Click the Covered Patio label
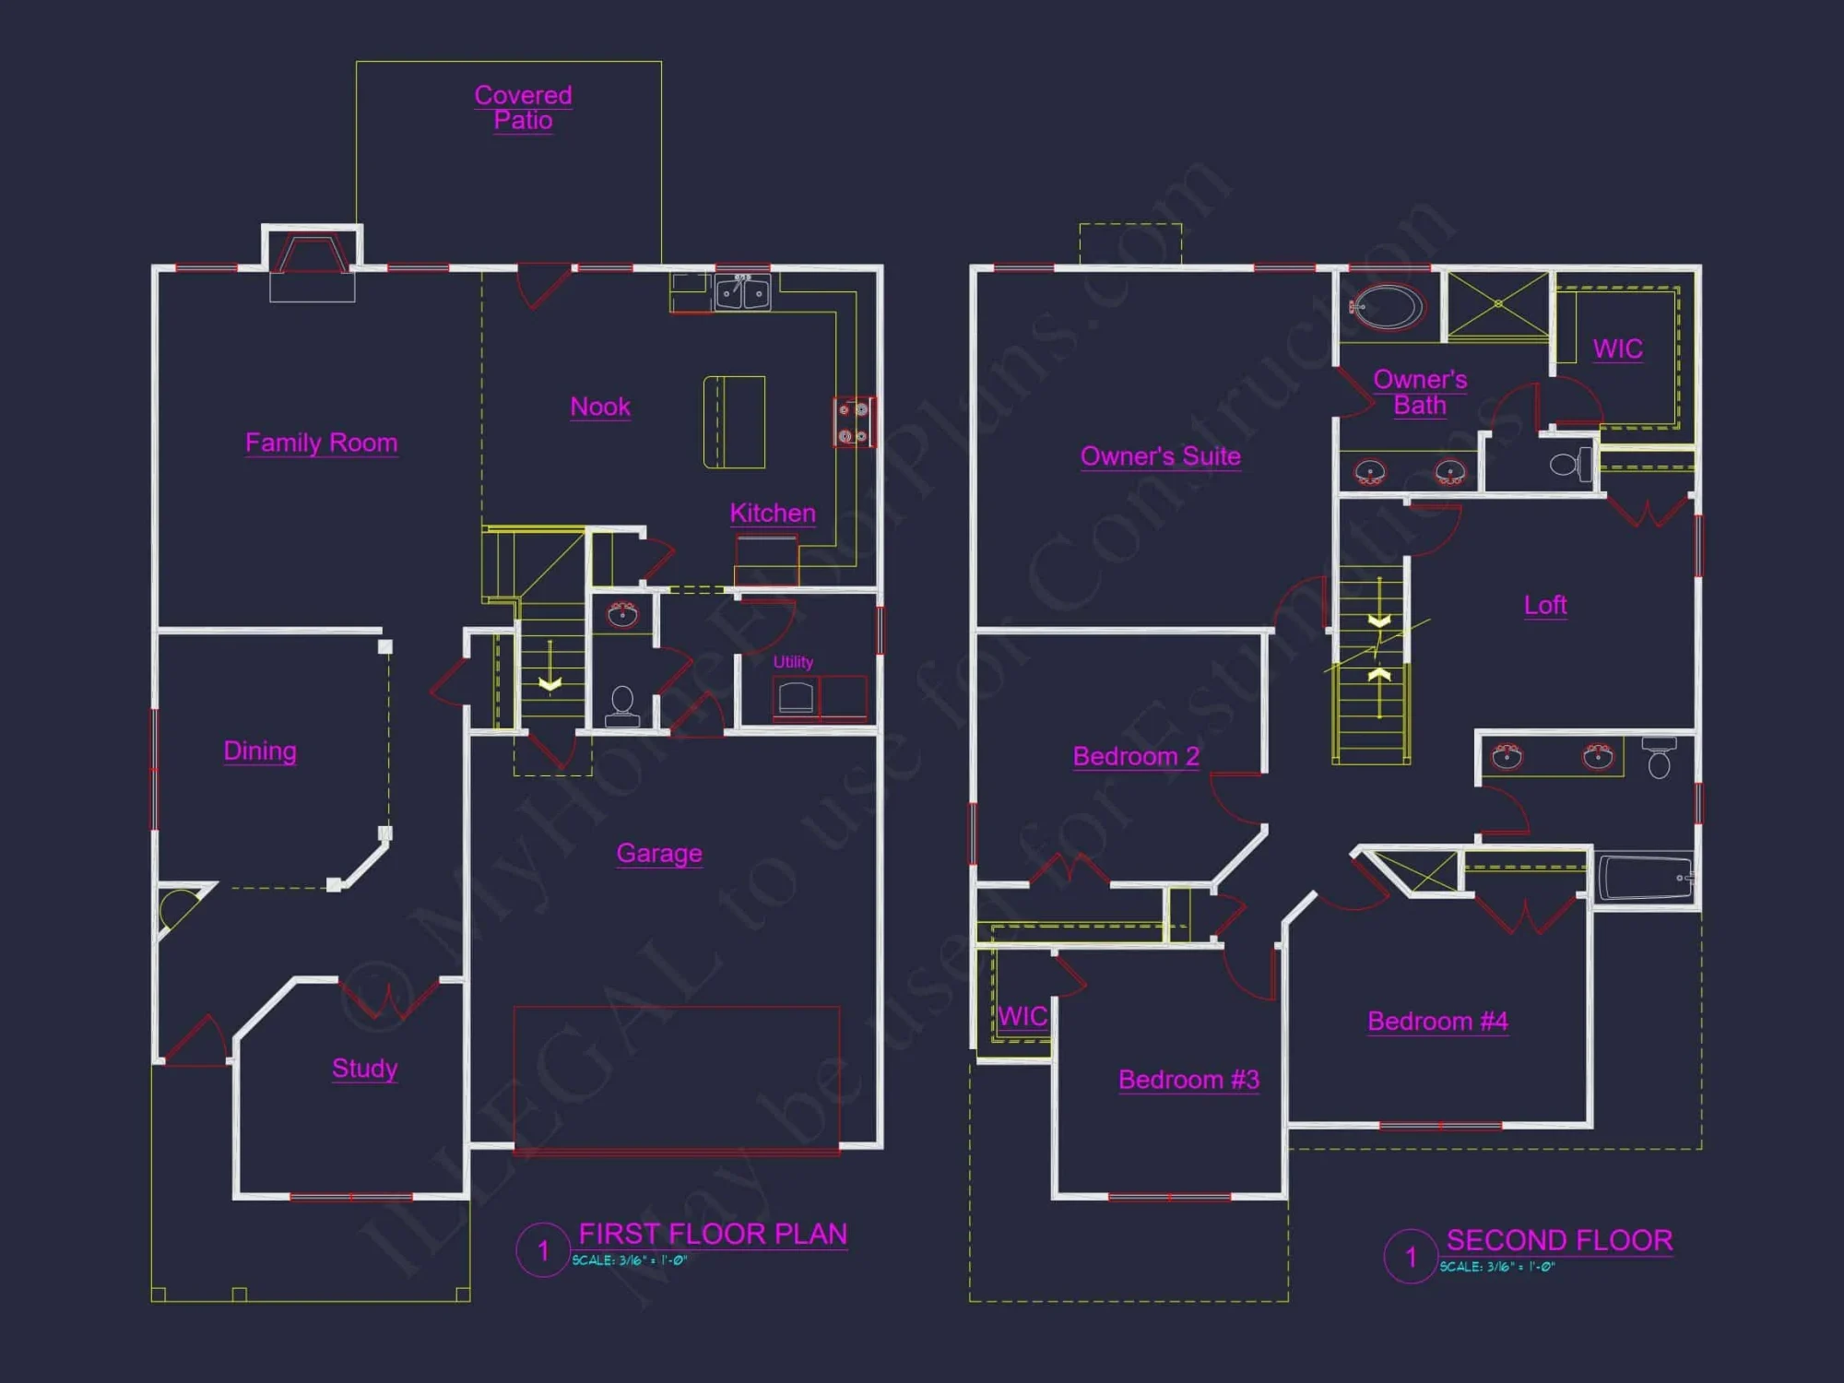[523, 108]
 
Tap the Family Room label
[321, 443]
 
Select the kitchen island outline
[734, 422]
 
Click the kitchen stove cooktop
[854, 422]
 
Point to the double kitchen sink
[742, 292]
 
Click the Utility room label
[793, 662]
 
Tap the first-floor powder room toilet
[622, 704]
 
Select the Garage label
[659, 853]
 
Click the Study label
[364, 1068]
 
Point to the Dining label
[260, 751]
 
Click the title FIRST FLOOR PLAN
[712, 1234]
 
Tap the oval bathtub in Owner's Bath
[1388, 307]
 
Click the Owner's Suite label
[1160, 456]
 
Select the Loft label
[1544, 605]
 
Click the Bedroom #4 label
[1437, 1021]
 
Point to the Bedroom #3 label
[1188, 1080]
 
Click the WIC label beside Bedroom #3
[1022, 1016]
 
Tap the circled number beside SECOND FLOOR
[1410, 1256]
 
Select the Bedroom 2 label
[1136, 756]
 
